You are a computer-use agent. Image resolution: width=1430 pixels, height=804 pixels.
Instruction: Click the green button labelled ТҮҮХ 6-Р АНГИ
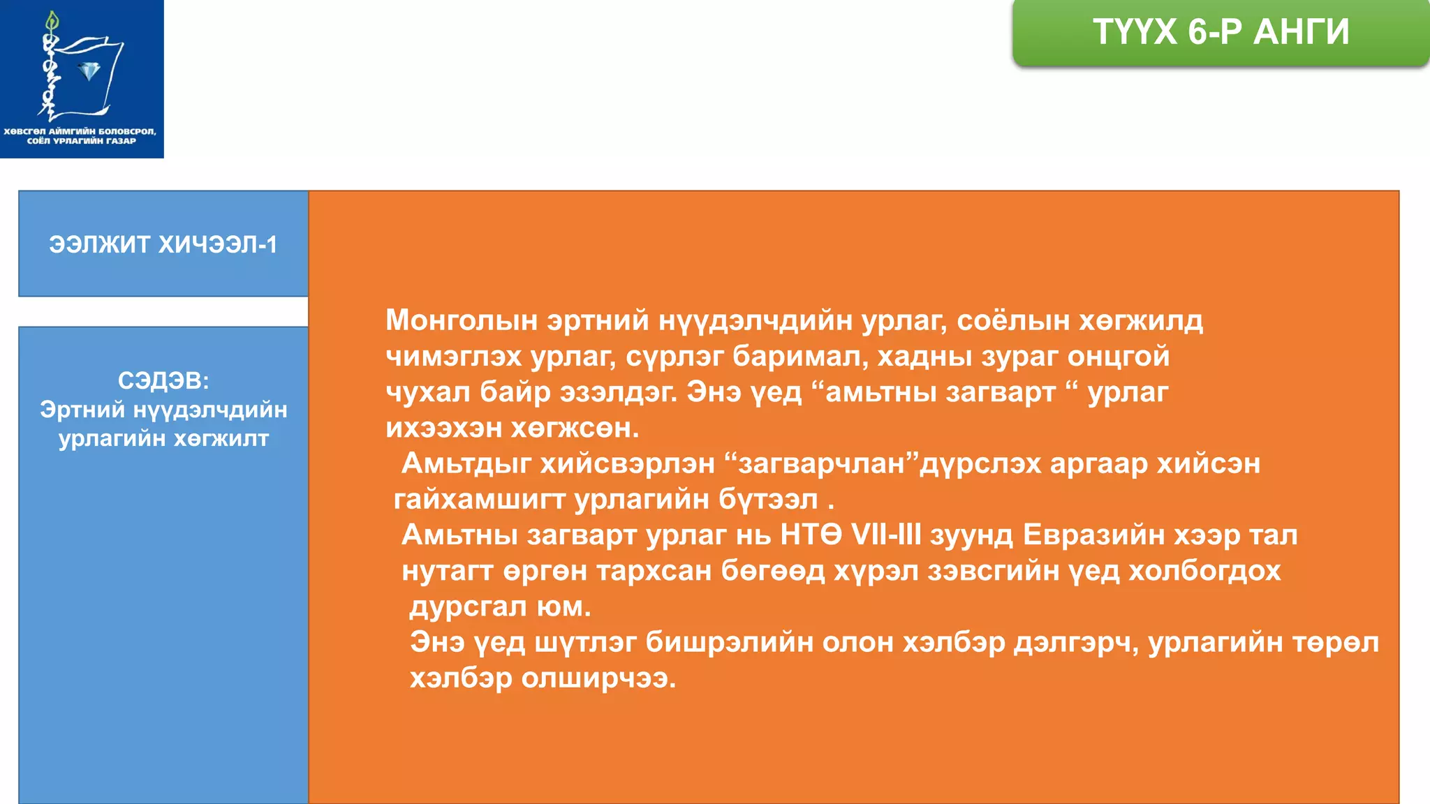pyautogui.click(x=1221, y=32)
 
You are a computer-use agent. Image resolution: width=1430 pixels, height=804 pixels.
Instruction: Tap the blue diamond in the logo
pyautogui.click(x=89, y=70)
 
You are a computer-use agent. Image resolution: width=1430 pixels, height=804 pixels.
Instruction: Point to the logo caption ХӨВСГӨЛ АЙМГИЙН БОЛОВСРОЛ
pyautogui.click(x=80, y=131)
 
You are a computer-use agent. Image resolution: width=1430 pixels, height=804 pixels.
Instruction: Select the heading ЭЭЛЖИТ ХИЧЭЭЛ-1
pyautogui.click(x=163, y=244)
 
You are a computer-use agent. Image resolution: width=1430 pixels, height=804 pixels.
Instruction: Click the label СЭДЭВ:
pyautogui.click(x=163, y=380)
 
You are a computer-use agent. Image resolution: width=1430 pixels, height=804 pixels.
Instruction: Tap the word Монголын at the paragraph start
pyautogui.click(x=462, y=320)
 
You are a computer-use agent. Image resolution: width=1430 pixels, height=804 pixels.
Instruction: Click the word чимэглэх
pyautogui.click(x=454, y=357)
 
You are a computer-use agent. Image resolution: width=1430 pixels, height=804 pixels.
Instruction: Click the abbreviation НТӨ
pyautogui.click(x=811, y=535)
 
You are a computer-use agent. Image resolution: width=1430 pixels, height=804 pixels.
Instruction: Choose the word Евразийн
pyautogui.click(x=1093, y=535)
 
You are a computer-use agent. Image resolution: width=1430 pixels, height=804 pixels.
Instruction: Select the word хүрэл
pyautogui.click(x=876, y=571)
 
